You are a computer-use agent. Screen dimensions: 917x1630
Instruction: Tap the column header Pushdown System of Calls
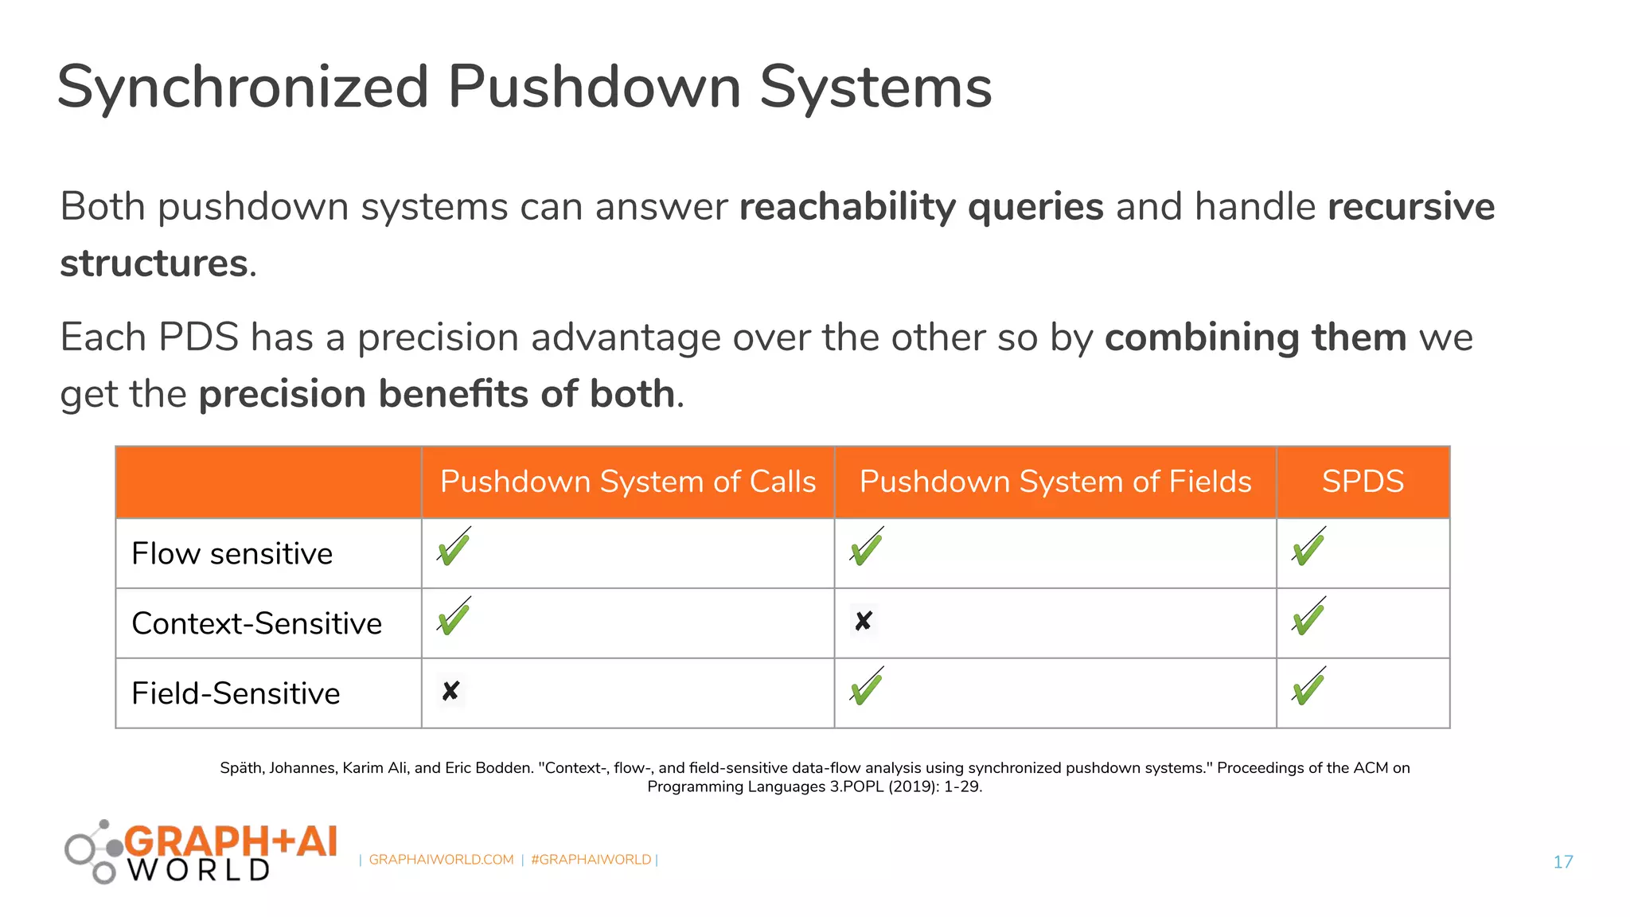pos(627,482)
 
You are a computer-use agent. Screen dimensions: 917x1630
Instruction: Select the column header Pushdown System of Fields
pos(1055,482)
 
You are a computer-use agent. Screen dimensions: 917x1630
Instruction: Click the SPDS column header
pos(1363,482)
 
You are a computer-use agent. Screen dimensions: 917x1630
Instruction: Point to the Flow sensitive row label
pos(232,553)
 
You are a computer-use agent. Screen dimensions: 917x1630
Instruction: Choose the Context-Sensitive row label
pos(256,623)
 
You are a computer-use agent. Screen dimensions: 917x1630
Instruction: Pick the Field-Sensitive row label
pos(236,693)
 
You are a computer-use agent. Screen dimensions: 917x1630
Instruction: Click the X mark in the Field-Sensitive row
pos(450,691)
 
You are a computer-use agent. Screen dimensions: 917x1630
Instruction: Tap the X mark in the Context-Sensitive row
pos(863,621)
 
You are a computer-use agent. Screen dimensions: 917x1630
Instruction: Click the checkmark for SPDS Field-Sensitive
pos(1308,689)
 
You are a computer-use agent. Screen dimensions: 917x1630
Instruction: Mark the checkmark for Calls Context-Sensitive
pos(454,618)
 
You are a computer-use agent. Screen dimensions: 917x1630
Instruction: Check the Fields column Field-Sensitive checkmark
pos(866,689)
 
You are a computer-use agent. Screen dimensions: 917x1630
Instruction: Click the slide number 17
pos(1562,861)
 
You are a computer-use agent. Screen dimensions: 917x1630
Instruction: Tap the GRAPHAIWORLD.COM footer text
pos(441,860)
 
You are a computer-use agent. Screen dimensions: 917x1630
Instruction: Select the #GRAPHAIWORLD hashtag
pos(591,860)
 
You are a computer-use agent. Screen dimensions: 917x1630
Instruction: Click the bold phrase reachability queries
pos(921,207)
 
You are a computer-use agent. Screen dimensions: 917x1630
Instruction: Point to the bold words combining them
pos(1255,338)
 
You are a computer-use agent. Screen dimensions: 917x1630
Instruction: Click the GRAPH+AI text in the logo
pos(231,841)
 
